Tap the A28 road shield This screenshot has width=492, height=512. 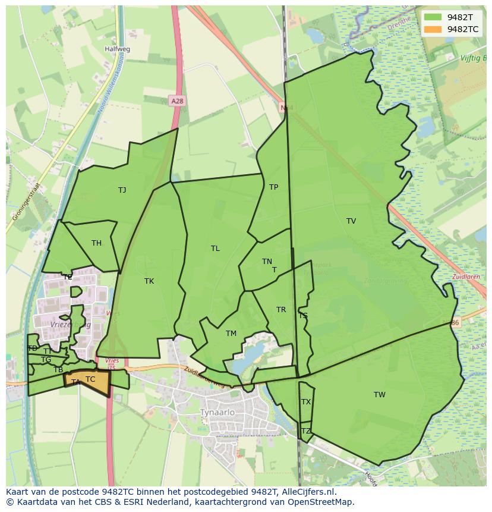pos(176,101)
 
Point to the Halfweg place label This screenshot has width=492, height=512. pos(117,49)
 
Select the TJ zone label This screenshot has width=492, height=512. pos(122,190)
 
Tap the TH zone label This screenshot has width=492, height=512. pos(96,243)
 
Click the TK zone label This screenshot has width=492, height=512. pos(149,281)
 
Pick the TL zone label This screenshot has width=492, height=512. pos(215,249)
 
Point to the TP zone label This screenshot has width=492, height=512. pos(273,187)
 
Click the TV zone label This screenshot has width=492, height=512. pos(351,221)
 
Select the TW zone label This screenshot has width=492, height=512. pos(380,395)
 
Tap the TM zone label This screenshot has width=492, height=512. pos(231,334)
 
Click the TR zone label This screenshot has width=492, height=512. pos(281,310)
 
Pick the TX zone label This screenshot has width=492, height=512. pos(306,402)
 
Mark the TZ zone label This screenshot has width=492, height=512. pos(306,431)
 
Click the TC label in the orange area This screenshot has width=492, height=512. pos(90,379)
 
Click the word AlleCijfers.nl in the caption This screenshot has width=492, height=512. pos(308,492)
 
